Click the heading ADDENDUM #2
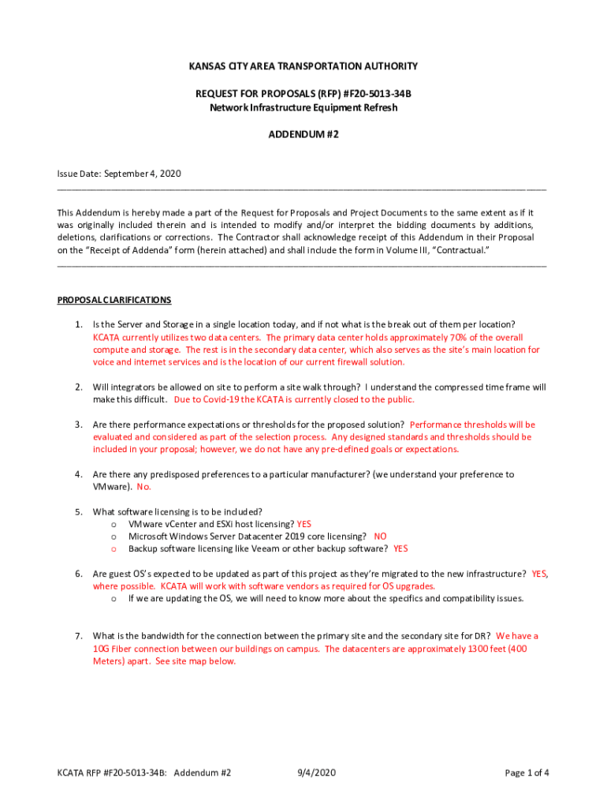tap(303, 135)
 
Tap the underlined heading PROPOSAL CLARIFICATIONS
tap(114, 300)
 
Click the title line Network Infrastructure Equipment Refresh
tap(303, 107)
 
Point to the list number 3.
tap(79, 425)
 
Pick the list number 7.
tap(79, 636)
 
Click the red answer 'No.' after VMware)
tap(143, 487)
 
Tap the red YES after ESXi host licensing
tap(303, 524)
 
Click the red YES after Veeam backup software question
tap(400, 548)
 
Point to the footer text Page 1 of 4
tap(527, 773)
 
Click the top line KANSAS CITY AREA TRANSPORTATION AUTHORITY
tap(303, 66)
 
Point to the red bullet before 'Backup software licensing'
tap(114, 548)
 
